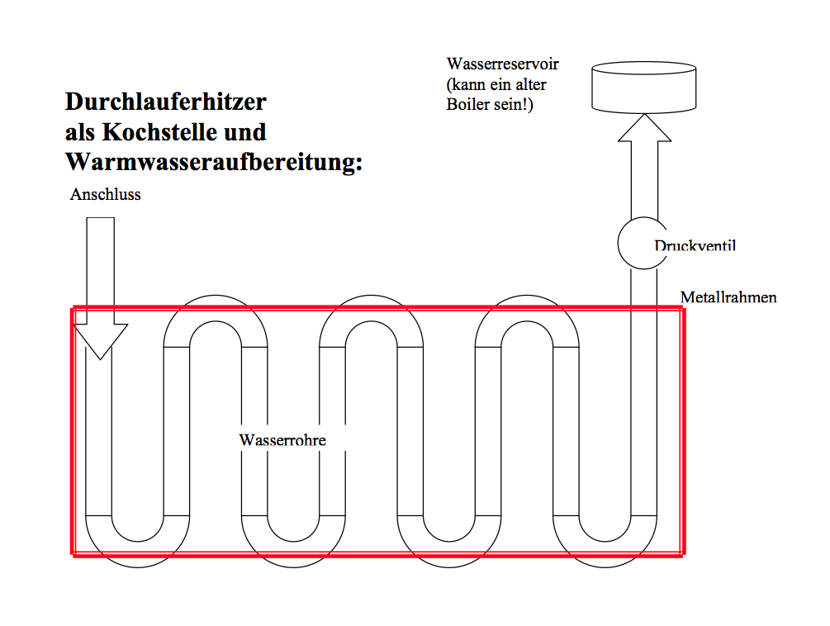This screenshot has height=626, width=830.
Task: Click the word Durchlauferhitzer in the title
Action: [166, 102]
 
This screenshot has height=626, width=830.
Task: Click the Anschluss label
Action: [106, 195]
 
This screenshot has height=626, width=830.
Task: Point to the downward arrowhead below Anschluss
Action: [101, 340]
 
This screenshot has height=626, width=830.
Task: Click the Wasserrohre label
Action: [282, 440]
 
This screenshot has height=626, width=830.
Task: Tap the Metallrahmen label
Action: [728, 297]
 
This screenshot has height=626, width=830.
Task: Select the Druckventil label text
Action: [695, 245]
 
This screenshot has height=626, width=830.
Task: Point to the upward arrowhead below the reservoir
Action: [645, 127]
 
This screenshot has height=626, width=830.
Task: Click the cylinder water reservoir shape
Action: [643, 88]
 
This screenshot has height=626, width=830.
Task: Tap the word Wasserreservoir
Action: [502, 64]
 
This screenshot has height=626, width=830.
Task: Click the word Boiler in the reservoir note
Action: [467, 104]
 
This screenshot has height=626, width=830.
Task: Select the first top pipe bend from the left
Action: [216, 309]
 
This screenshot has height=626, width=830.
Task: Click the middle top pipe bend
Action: [371, 309]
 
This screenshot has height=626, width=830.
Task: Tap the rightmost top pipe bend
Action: [527, 309]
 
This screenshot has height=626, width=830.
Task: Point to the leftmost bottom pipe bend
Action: [138, 554]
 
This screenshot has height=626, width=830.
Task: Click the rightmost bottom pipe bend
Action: [605, 554]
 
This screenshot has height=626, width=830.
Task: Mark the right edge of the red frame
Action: [683, 431]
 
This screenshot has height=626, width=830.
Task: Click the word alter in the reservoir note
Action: [531, 85]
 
